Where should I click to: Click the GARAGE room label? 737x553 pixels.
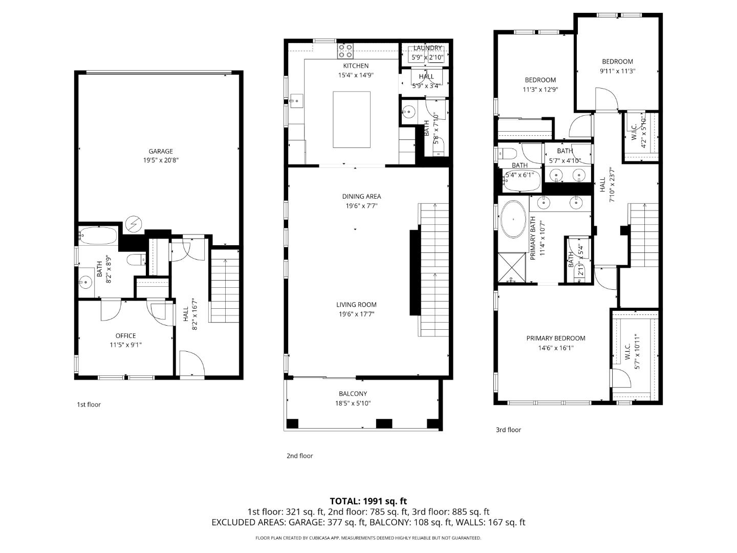coord(160,151)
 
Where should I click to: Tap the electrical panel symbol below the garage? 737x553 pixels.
coord(134,224)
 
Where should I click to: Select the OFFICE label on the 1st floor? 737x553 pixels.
coord(125,336)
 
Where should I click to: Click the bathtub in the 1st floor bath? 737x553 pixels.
coord(98,236)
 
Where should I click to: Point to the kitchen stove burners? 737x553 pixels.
coord(345,51)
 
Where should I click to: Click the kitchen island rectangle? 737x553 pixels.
coord(352,119)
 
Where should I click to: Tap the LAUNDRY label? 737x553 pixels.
coord(427,48)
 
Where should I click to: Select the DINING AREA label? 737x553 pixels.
coord(361,196)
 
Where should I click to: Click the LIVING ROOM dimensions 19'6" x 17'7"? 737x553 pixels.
coord(356,314)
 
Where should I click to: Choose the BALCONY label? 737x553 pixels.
coord(353,394)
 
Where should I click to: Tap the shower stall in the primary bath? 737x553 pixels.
coord(512,267)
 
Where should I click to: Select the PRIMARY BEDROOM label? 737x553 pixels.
coord(556,338)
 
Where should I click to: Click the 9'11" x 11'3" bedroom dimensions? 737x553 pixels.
coord(617,71)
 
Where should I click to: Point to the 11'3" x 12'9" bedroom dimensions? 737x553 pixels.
coord(540,89)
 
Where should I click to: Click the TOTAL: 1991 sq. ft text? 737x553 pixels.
coord(368,501)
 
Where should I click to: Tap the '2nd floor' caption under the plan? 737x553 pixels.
coord(299,456)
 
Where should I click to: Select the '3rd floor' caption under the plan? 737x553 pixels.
coord(508,430)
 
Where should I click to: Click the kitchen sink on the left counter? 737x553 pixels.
coord(296,101)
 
